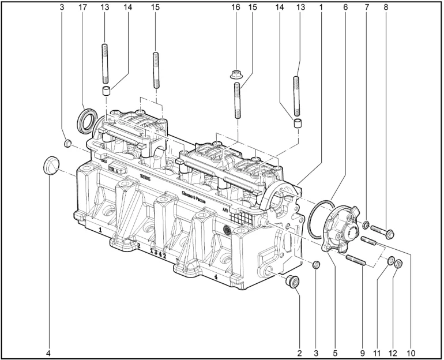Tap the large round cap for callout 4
[x=51, y=165]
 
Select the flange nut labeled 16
[x=236, y=74]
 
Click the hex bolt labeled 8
[x=382, y=231]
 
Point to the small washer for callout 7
[x=366, y=224]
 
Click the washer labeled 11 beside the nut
[x=390, y=261]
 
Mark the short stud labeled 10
[x=369, y=241]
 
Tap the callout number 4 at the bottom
[x=48, y=351]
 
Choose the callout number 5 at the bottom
[x=335, y=351]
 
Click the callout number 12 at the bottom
[x=393, y=351]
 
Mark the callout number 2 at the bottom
[x=299, y=351]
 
